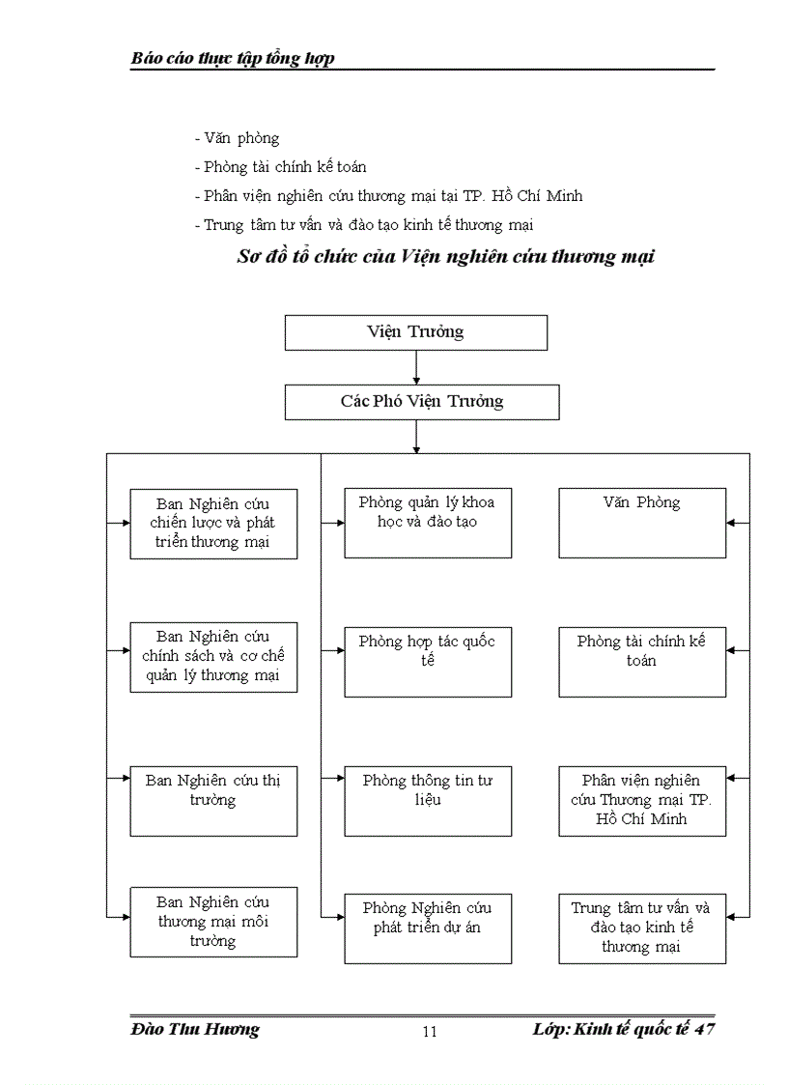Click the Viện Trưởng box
[415, 332]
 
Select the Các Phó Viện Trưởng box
[422, 402]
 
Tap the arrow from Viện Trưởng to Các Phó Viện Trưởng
[416, 367]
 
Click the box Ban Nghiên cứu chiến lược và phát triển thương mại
[213, 524]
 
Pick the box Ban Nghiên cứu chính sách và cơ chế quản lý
[213, 657]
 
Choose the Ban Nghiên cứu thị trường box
[213, 801]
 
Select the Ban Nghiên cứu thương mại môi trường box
[213, 922]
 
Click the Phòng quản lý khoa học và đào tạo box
[428, 524]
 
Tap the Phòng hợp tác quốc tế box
[428, 662]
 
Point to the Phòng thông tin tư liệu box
[428, 801]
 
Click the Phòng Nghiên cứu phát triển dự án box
[428, 928]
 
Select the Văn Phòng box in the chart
[642, 524]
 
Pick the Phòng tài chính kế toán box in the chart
[642, 662]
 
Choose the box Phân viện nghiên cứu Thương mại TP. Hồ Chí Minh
[642, 801]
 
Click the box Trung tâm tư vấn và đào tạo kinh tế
[642, 928]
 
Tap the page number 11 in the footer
[430, 1032]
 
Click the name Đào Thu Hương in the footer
[195, 1029]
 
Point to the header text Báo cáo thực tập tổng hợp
[233, 59]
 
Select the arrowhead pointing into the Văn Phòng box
[732, 523]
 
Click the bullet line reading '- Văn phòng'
[238, 138]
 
